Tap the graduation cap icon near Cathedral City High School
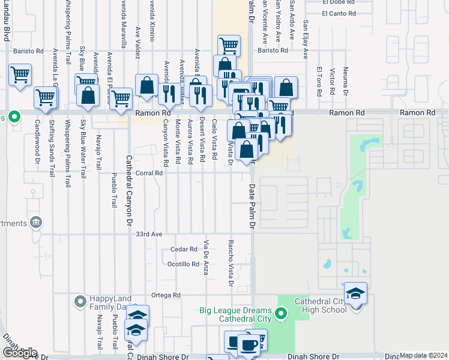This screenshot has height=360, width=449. point(356,293)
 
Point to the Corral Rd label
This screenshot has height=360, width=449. point(150,173)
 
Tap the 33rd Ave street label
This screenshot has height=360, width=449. point(149,234)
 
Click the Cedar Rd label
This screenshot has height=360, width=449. point(184,249)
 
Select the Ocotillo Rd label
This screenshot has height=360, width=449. point(183,264)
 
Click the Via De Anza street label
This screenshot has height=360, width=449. point(206,257)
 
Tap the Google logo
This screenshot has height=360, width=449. point(19,353)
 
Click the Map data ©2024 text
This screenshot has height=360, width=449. point(423,355)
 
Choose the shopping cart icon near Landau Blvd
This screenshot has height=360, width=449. point(20,76)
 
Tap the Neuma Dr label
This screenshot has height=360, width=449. point(346,82)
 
